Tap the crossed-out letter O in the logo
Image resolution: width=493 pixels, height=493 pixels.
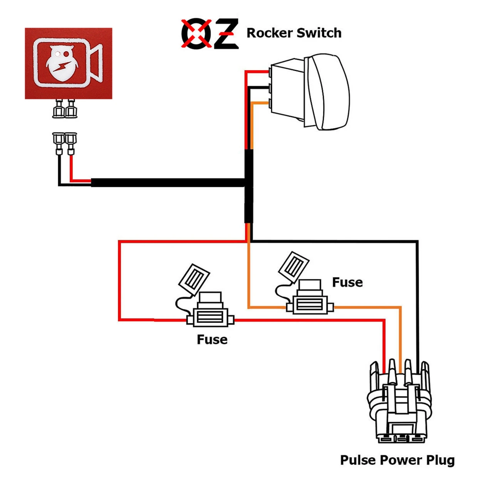(196, 34)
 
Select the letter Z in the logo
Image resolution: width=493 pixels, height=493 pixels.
(225, 34)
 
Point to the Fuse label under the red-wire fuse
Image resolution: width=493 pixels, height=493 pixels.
(212, 339)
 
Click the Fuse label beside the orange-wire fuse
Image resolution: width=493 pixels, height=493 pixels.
(347, 282)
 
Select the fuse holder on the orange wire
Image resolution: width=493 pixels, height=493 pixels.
(310, 304)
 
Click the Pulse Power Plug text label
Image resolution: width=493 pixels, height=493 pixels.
(397, 460)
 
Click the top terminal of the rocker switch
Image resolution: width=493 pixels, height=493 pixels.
(271, 72)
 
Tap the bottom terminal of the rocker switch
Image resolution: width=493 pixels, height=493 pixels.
(271, 103)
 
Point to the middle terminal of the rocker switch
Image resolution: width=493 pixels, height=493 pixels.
(271, 88)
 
